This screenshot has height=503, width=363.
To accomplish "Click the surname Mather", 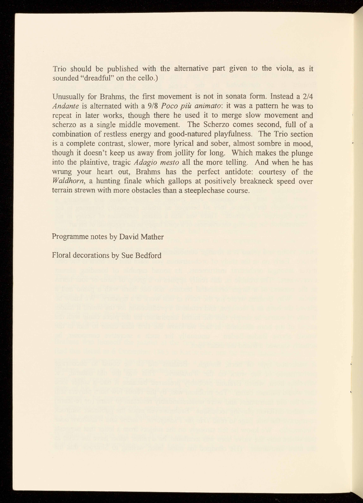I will pos(153,237).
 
